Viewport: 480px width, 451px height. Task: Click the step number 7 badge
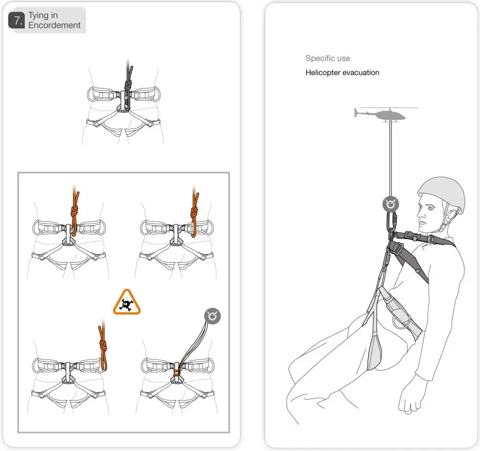coord(18,21)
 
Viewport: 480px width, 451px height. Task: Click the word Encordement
coord(54,25)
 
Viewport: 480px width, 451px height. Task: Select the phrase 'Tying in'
coord(43,15)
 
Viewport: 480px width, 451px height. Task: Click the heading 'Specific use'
coord(327,58)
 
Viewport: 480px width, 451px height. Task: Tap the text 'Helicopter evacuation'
coord(342,73)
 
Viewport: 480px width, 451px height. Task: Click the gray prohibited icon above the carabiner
coord(391,204)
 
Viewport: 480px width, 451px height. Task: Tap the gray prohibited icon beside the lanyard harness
coord(212,316)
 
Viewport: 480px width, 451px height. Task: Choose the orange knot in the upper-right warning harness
coord(195,212)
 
